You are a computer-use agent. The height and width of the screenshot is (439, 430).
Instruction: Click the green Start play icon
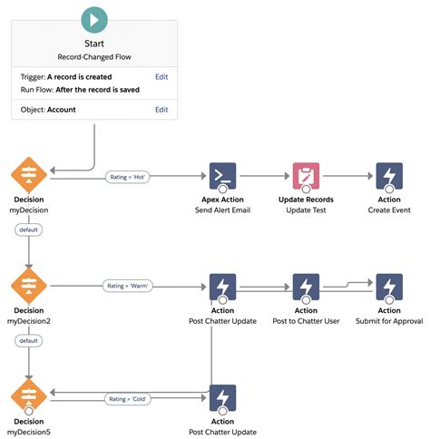(x=93, y=18)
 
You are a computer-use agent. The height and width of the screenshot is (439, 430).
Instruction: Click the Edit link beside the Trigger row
(x=161, y=77)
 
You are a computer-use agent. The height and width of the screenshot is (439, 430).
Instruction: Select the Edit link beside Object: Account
(x=161, y=110)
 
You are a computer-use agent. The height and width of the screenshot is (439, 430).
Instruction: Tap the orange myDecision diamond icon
(x=28, y=177)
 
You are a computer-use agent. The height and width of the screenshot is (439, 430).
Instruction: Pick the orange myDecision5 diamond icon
(x=28, y=398)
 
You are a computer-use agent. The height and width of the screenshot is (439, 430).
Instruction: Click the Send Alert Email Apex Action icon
(x=222, y=177)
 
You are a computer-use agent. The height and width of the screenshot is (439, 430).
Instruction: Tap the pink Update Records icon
(x=306, y=177)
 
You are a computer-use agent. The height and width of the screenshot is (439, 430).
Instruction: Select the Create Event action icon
(x=389, y=177)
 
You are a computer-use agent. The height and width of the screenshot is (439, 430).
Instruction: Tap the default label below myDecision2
(x=28, y=341)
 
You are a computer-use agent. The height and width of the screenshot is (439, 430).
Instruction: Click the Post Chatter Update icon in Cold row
(x=222, y=398)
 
